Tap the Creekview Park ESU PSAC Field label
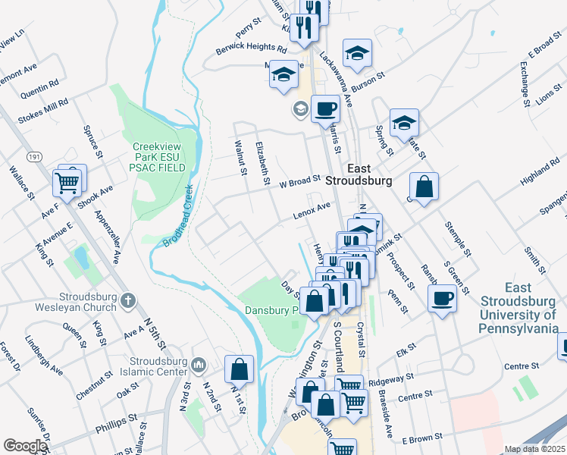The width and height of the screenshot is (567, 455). point(158,157)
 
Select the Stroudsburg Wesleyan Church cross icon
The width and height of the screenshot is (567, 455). point(128,301)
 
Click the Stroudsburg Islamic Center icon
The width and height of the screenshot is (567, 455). point(199,365)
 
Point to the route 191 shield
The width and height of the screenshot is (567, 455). point(33,156)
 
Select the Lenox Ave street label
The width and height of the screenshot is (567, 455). point(312,212)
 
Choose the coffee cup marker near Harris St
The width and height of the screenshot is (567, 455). point(325,109)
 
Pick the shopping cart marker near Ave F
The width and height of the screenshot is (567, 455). point(67,181)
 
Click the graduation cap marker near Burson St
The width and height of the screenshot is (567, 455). point(357,53)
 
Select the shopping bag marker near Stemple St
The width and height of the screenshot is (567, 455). point(424,186)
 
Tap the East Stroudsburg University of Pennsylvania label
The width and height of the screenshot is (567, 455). point(518,308)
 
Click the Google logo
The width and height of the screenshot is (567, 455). point(25,446)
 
